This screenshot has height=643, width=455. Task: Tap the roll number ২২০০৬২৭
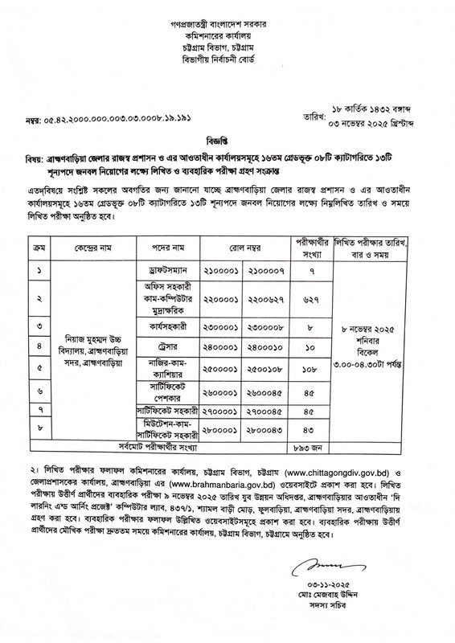[267, 272]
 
